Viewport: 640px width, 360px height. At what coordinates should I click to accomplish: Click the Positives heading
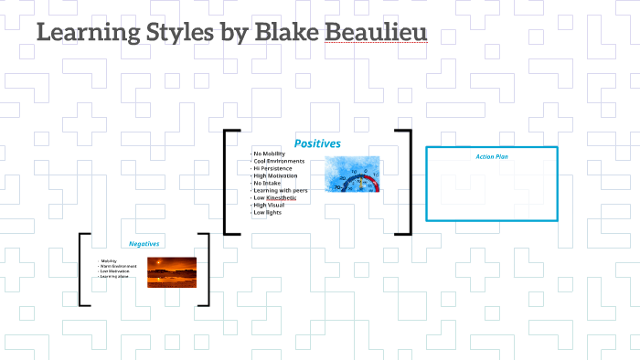pos(317,143)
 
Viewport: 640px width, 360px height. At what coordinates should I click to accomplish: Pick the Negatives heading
pos(144,244)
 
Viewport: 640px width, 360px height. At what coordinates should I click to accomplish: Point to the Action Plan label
pos(492,156)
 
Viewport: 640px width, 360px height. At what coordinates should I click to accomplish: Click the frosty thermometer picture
pos(352,175)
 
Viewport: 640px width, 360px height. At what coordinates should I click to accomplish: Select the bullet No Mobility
pos(271,154)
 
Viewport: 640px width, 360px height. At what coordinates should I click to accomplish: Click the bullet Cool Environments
pos(280,161)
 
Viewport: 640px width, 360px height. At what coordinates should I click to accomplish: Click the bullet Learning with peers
pos(281,190)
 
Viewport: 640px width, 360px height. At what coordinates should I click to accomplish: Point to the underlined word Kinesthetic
pos(282,197)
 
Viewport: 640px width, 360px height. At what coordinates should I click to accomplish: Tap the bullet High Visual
pos(269,205)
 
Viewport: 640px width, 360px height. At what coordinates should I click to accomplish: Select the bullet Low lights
pos(267,212)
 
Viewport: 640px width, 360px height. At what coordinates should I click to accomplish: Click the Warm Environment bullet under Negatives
pos(120,266)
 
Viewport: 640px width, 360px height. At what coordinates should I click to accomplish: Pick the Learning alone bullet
pos(116,276)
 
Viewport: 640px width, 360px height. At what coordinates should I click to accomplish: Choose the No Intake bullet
pos(268,183)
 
